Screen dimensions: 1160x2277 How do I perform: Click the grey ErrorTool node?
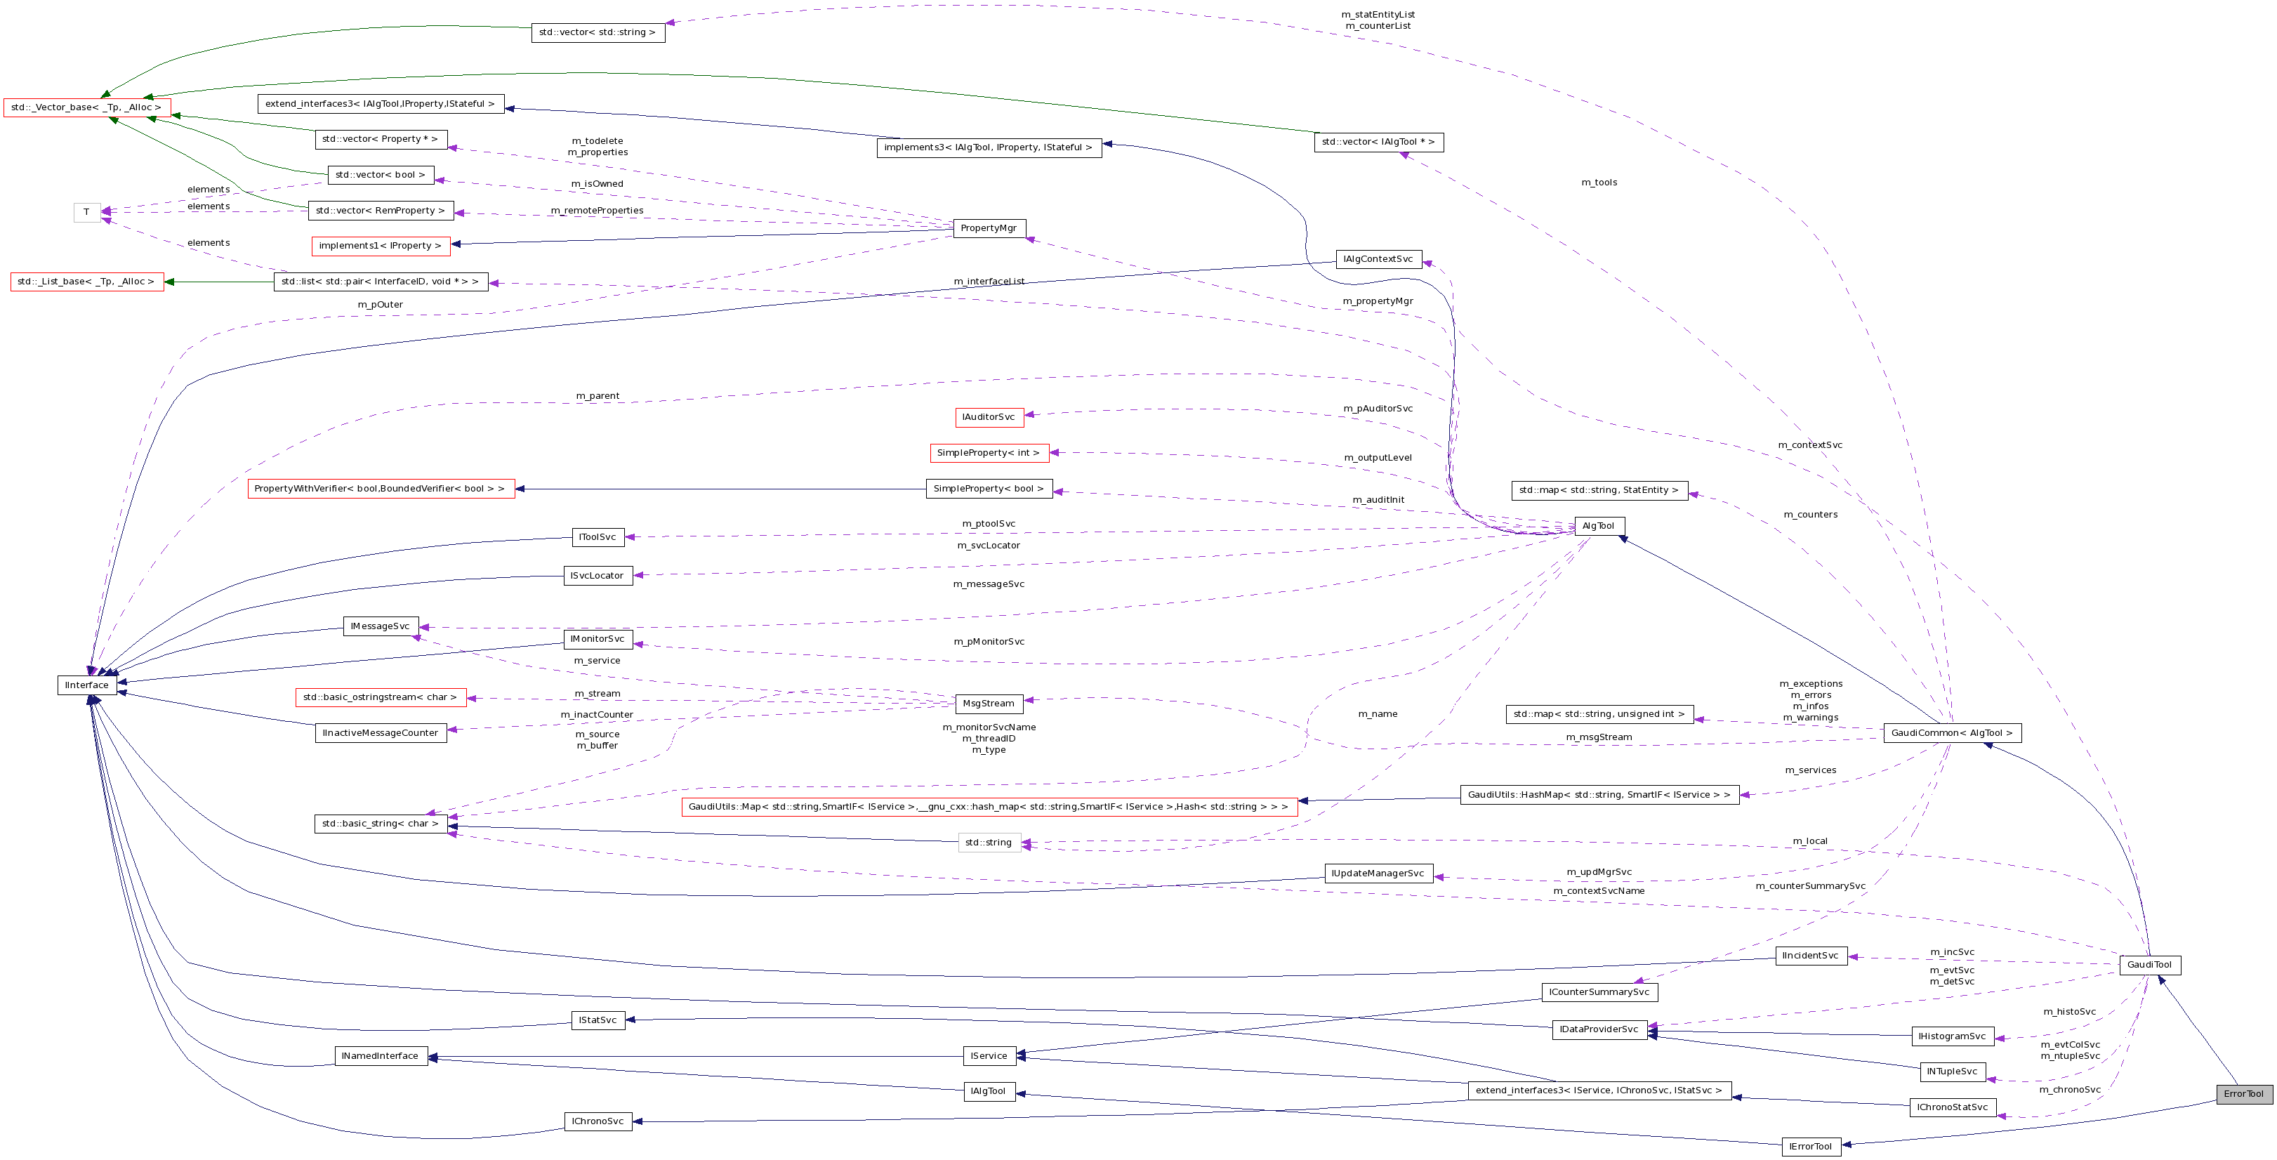coord(2243,1094)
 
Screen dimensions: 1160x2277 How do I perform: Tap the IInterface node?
coord(86,685)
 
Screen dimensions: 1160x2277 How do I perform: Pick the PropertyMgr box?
coord(988,228)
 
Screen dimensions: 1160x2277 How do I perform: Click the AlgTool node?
coord(1598,526)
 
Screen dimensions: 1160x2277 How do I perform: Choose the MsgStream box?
coord(988,704)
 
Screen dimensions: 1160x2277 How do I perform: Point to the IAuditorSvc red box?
coord(988,417)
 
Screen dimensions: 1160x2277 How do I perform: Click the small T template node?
coord(86,212)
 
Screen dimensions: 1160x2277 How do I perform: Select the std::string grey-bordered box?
coord(988,843)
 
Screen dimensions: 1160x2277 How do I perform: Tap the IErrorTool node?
coord(1810,1147)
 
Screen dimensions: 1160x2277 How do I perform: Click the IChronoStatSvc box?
coord(1952,1107)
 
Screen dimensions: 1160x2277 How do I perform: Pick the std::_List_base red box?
coord(86,282)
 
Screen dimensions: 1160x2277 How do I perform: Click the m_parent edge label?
coord(598,396)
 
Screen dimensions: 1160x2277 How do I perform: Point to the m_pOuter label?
coord(380,305)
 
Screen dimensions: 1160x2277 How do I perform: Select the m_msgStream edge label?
coord(1599,737)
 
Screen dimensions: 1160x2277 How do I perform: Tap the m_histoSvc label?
coord(2069,1011)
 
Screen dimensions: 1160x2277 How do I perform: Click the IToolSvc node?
coord(598,538)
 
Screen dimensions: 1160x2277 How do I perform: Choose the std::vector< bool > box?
coord(380,175)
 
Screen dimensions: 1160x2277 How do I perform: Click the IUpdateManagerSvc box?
coord(1377,874)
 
